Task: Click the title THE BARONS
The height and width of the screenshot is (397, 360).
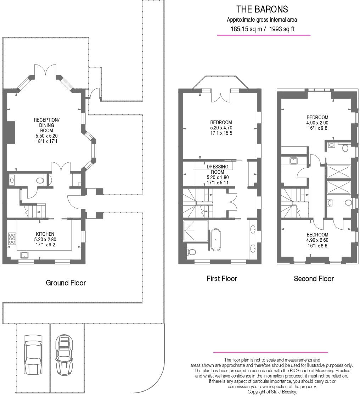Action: (262, 9)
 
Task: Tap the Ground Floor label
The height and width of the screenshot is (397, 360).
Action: (66, 283)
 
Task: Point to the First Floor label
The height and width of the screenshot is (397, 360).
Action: (222, 279)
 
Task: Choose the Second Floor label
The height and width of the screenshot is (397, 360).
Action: (314, 279)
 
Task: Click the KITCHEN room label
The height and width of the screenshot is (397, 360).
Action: (45, 234)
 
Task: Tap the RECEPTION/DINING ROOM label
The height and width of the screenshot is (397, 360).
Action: (46, 125)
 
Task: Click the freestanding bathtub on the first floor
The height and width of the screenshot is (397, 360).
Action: (216, 240)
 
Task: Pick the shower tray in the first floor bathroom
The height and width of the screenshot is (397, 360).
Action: (196, 231)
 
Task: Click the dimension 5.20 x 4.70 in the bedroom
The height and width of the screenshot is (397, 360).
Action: (221, 128)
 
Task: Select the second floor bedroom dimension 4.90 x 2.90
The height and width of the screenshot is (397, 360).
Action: (317, 123)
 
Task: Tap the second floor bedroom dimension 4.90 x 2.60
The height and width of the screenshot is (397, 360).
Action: (317, 240)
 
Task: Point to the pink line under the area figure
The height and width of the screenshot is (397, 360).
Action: (264, 35)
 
